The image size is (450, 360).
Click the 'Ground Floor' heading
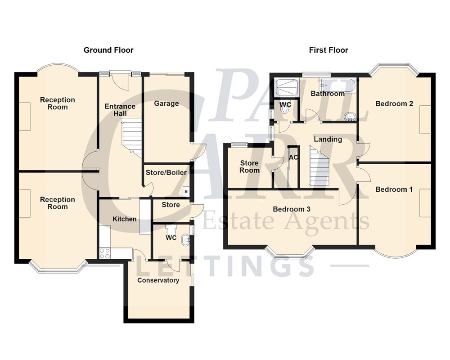[108, 50]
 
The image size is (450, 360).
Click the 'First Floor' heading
[328, 50]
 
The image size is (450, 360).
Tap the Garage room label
[166, 103]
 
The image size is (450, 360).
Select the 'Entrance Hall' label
[120, 110]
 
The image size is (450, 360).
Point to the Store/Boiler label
[166, 172]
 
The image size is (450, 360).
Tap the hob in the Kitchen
[104, 253]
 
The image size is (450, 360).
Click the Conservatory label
[158, 280]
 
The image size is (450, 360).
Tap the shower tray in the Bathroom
[286, 88]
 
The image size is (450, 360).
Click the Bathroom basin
[349, 117]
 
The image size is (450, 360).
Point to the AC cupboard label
[293, 157]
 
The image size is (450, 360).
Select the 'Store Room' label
[249, 166]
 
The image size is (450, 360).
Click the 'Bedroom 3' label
[292, 209]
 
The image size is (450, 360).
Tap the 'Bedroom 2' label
[394, 103]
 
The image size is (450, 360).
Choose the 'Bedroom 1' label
[394, 189]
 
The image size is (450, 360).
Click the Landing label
[328, 139]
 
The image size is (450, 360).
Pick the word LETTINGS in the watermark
[225, 265]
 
